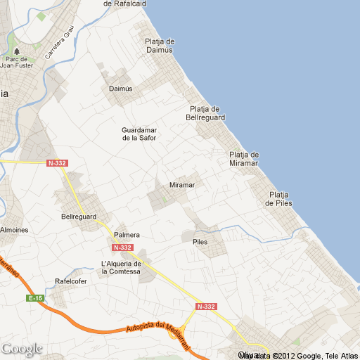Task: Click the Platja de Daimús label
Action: pos(160,46)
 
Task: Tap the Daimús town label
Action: pos(121,89)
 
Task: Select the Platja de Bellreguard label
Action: pos(206,112)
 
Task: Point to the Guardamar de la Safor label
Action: pos(139,134)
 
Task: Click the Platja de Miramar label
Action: pos(244,159)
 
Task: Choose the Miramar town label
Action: pos(182,185)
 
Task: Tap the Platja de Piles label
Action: pos(279,199)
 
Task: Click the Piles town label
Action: pos(200,241)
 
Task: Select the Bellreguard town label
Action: pos(79,217)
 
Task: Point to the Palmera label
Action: pos(127,235)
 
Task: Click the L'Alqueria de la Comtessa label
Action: pos(122,267)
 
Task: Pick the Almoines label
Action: pos(14,230)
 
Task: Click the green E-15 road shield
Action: pos(36,299)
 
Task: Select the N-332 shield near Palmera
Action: pos(122,247)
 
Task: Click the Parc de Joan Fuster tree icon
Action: pos(17,51)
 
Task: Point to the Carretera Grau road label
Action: pos(59,43)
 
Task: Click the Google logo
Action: pos(22,349)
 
